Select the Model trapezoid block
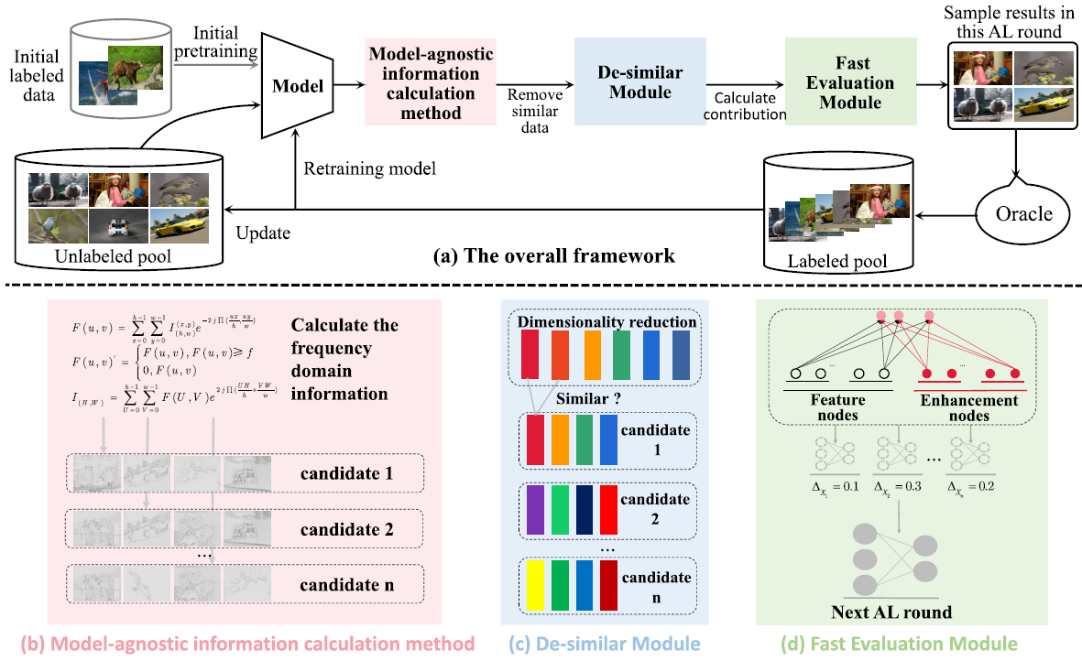click(299, 87)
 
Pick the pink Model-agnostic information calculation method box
click(431, 81)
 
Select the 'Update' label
click(262, 233)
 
